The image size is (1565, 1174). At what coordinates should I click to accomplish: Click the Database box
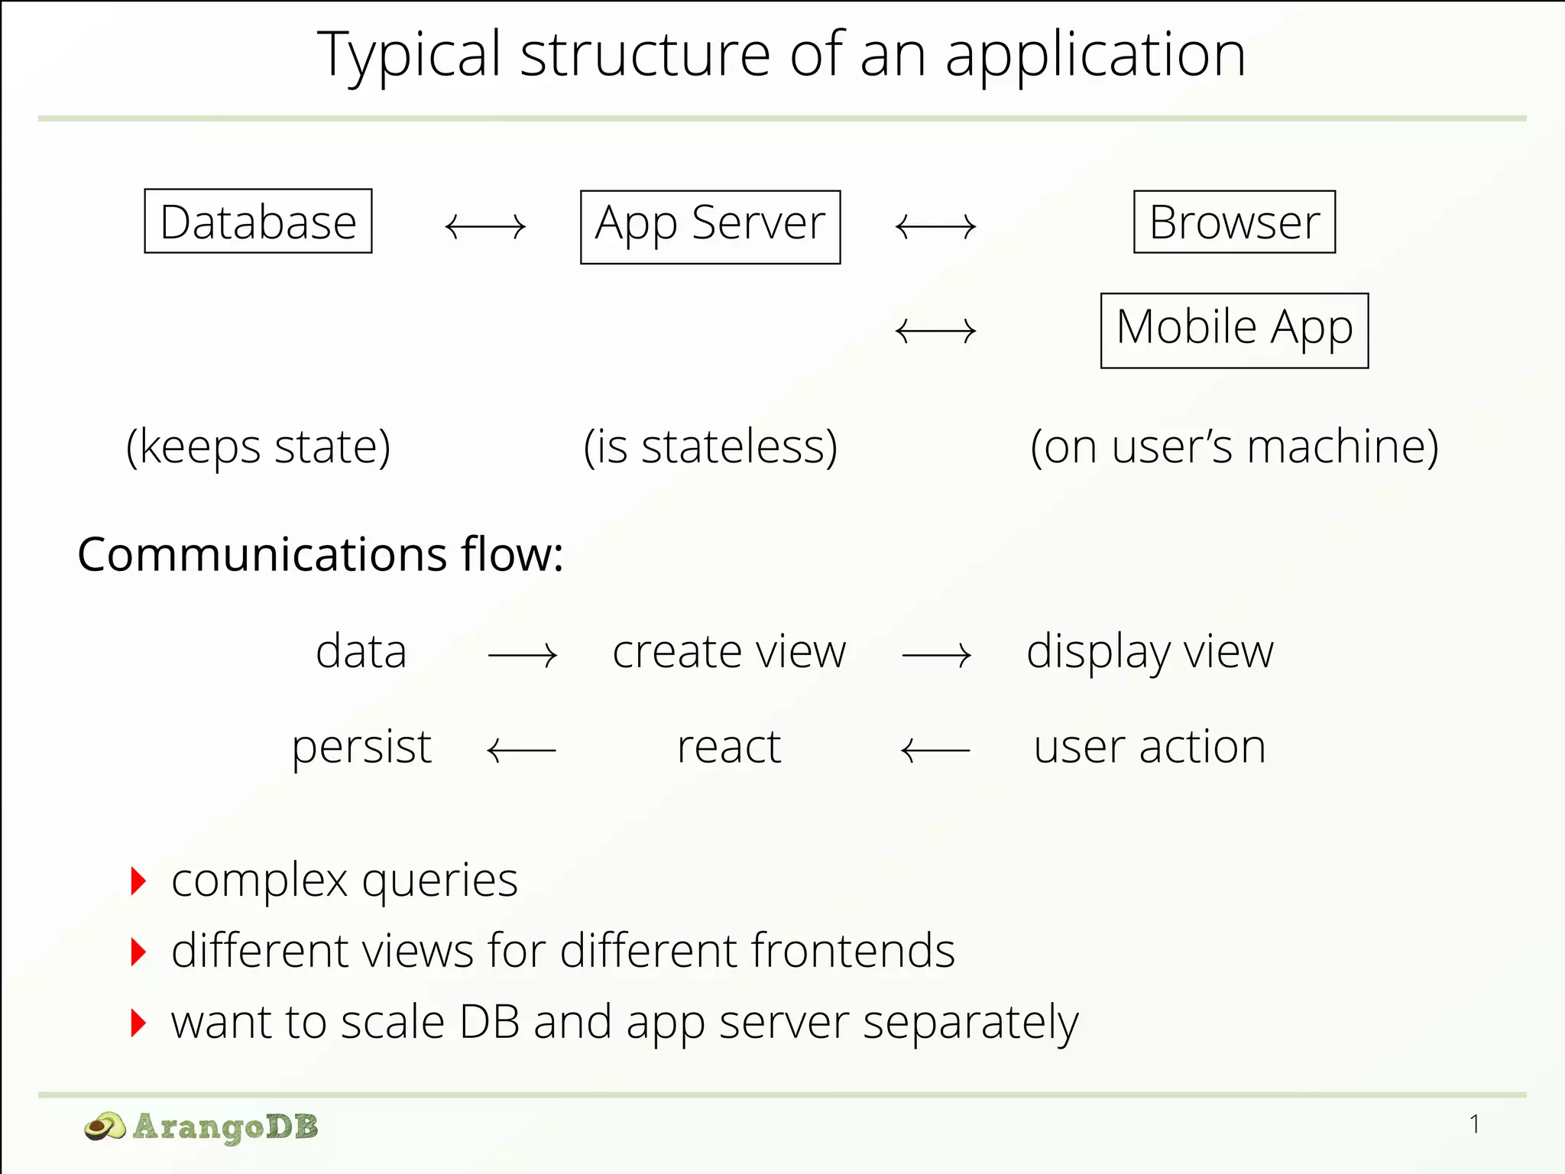[x=258, y=222]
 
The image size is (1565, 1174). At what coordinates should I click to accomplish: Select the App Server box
[x=710, y=227]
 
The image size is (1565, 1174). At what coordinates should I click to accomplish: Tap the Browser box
[x=1234, y=222]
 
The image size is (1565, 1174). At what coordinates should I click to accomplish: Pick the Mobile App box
[x=1234, y=330]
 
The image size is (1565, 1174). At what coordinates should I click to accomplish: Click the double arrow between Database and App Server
[x=485, y=227]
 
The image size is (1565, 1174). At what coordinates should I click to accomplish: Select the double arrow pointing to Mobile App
[x=935, y=332]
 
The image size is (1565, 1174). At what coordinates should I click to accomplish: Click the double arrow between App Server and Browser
[x=935, y=227]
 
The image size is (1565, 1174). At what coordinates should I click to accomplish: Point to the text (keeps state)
[x=258, y=446]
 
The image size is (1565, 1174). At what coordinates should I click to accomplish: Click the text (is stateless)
[x=710, y=446]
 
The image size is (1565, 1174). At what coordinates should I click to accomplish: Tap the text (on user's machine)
[x=1234, y=446]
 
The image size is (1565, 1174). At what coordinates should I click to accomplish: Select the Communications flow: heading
[x=320, y=554]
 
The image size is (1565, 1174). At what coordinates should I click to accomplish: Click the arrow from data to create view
[x=523, y=656]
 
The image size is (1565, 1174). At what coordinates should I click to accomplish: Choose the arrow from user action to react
[x=935, y=751]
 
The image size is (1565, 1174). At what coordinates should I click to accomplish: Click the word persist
[x=361, y=748]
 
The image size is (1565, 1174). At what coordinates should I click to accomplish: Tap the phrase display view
[x=1149, y=653]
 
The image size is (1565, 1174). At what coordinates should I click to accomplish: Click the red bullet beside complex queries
[x=138, y=881]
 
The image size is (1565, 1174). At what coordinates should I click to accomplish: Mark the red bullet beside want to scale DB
[x=138, y=1023]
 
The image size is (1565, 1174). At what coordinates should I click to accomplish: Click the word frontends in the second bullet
[x=852, y=951]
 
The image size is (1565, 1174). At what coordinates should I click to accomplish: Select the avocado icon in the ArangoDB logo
[x=105, y=1127]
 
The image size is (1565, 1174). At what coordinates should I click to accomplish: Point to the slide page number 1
[x=1474, y=1124]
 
